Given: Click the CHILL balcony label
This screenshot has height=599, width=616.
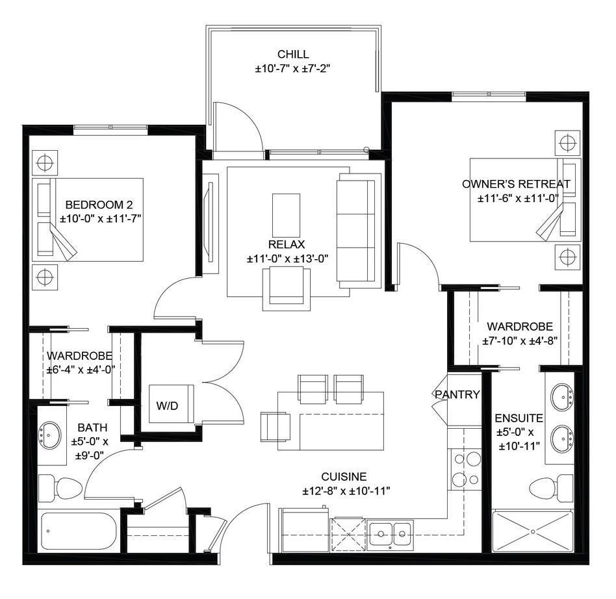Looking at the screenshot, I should point(292,55).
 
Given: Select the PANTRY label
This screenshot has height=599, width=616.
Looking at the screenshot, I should point(457,394).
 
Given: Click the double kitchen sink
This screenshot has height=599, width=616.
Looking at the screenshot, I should point(392,535).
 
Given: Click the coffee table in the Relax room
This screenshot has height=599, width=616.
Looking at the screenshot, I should point(286,215).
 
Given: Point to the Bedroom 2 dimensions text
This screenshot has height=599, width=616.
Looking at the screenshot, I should point(101,220).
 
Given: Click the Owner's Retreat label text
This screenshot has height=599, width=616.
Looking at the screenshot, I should point(516,184).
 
